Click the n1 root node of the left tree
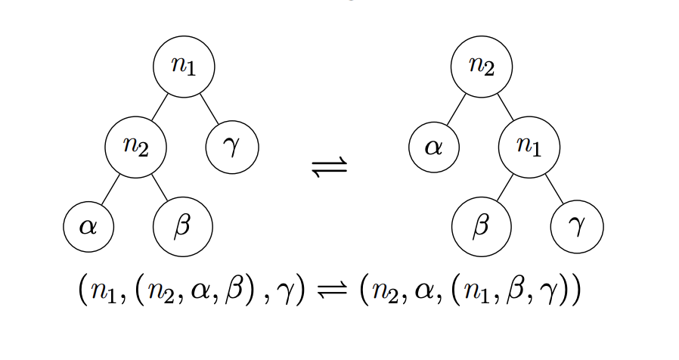pyautogui.click(x=184, y=67)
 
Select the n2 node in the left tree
pyautogui.click(x=135, y=147)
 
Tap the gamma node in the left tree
pyautogui.click(x=232, y=147)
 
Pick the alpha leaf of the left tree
pyautogui.click(x=88, y=226)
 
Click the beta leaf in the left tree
pyautogui.click(x=182, y=226)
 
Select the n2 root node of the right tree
pyautogui.click(x=482, y=67)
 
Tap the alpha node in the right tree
pyautogui.click(x=434, y=147)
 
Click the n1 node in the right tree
pyautogui.click(x=529, y=147)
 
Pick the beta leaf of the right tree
pyautogui.click(x=482, y=226)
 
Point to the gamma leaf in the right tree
pyautogui.click(x=577, y=226)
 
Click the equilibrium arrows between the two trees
pyautogui.click(x=330, y=166)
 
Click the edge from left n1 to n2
pyautogui.click(x=159, y=107)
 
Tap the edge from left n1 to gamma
pyautogui.click(x=209, y=107)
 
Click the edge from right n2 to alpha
pyautogui.click(x=457, y=108)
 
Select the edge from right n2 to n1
pyautogui.click(x=506, y=107)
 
